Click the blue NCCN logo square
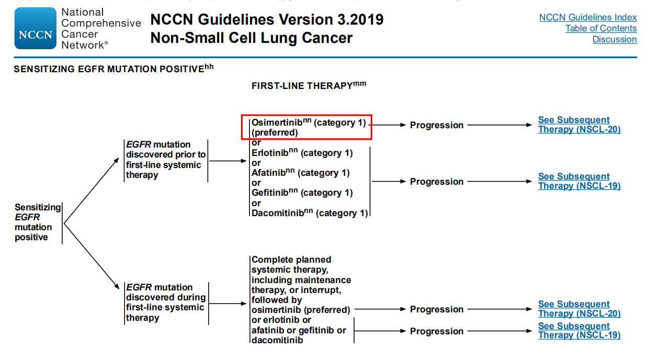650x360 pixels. tap(36, 28)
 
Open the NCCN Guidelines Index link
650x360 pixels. tap(588, 17)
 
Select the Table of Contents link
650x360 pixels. tap(601, 28)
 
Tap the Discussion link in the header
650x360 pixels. tap(614, 39)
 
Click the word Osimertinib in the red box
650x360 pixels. tap(277, 122)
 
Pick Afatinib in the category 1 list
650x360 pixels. tap(269, 173)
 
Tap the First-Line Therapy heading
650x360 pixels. tap(309, 85)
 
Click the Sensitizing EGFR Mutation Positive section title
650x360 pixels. tap(113, 69)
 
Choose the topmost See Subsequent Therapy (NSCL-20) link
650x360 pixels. tap(579, 125)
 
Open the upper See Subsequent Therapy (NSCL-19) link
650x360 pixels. tap(579, 181)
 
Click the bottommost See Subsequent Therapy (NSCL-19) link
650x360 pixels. tap(579, 330)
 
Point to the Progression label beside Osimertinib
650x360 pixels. tap(437, 125)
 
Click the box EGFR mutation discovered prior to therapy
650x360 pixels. tap(166, 160)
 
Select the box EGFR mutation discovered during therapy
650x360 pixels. tap(166, 302)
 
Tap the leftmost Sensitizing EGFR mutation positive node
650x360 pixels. tap(38, 222)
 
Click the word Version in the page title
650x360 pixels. tap(305, 19)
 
